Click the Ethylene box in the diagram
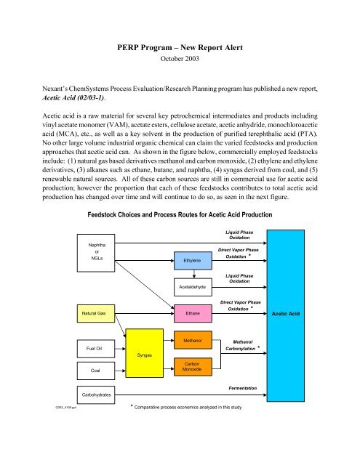tap(193, 259)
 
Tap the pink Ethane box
tap(193, 313)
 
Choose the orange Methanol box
tap(193, 340)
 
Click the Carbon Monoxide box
tap(193, 368)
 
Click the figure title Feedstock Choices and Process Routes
tap(180, 195)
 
